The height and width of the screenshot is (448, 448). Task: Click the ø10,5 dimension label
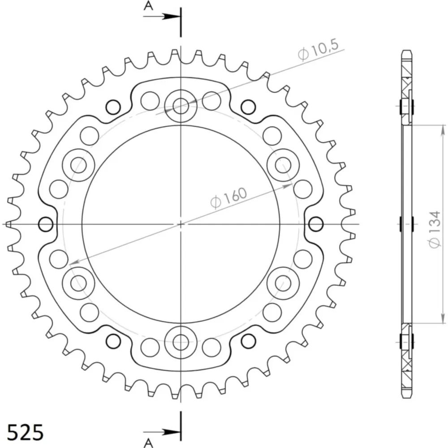(318, 51)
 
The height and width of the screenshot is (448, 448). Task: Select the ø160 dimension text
(228, 198)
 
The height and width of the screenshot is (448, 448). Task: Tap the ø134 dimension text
(434, 229)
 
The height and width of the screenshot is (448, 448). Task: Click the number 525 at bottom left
(25, 432)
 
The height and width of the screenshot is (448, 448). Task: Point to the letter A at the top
(148, 5)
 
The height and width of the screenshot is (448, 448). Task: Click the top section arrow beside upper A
(162, 17)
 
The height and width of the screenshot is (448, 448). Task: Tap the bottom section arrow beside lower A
(162, 431)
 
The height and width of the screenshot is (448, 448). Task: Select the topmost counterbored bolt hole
(181, 106)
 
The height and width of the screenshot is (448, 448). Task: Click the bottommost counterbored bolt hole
(181, 342)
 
